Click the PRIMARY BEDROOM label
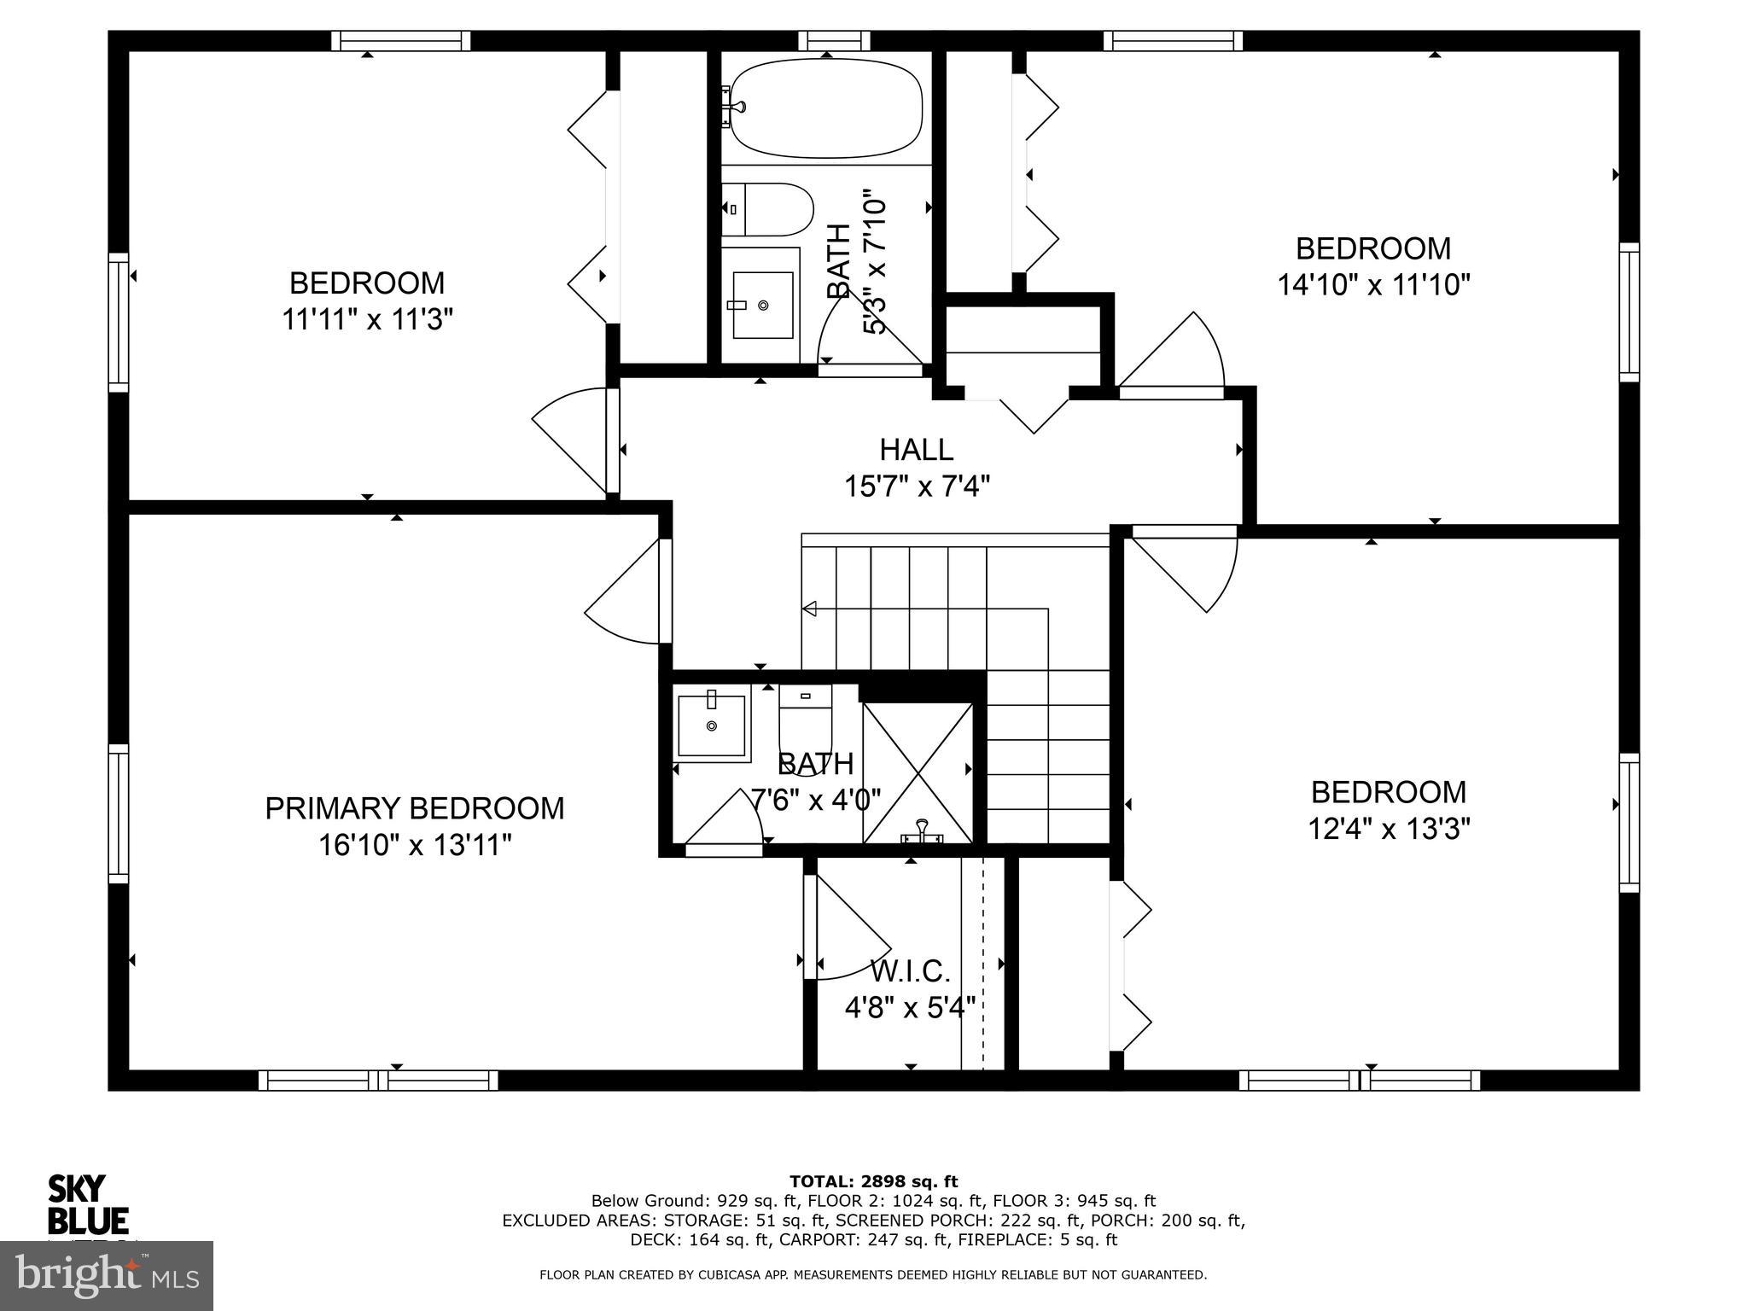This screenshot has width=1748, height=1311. tap(415, 808)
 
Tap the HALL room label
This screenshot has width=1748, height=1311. tap(916, 449)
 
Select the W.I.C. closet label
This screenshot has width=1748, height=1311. tap(910, 970)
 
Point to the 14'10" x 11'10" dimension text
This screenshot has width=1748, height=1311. tap(1373, 285)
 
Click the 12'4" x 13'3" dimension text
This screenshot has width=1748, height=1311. tap(1389, 829)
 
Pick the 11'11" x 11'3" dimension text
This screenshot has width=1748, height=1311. tap(367, 320)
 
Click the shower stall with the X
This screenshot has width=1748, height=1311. tap(917, 773)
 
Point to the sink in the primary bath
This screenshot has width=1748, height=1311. tap(711, 726)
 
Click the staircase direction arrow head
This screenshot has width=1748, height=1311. tap(809, 609)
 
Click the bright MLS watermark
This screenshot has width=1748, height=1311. tap(107, 1275)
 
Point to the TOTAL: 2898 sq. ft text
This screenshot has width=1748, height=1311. tap(873, 1181)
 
